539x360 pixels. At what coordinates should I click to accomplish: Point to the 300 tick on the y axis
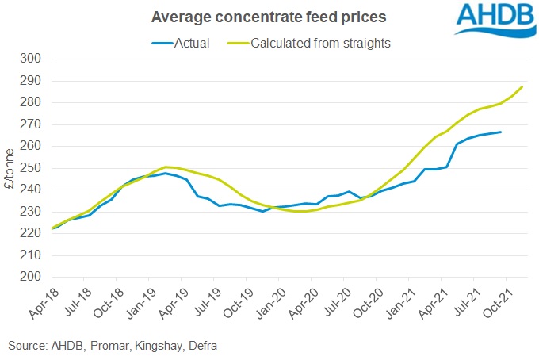coord(32,59)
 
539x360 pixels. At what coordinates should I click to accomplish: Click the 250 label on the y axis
coord(32,168)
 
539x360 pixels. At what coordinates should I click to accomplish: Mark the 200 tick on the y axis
coord(32,278)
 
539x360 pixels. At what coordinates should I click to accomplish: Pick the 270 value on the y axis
coord(32,124)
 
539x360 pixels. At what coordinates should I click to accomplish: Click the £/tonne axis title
coord(10,168)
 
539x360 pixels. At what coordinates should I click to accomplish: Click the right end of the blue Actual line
coord(500,132)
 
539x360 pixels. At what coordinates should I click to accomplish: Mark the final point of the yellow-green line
coord(522,86)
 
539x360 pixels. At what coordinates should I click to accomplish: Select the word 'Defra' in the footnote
coord(197,346)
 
